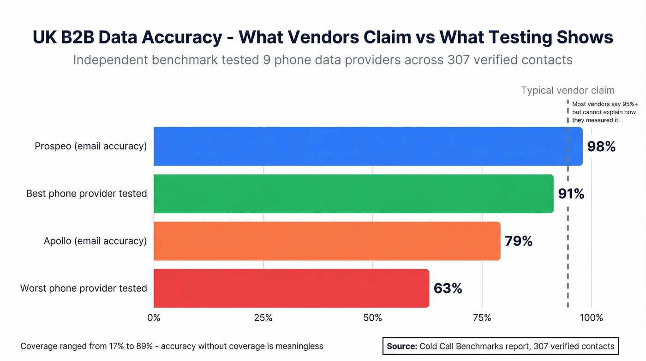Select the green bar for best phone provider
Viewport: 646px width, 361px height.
[353, 194]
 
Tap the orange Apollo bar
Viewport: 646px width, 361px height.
[327, 241]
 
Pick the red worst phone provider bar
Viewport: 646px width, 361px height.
[291, 288]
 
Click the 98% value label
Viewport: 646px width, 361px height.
[601, 147]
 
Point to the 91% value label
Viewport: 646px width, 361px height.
[571, 194]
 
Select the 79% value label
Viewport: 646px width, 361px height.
[519, 241]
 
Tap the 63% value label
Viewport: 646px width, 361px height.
[448, 288]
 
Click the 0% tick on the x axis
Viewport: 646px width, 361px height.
[154, 318]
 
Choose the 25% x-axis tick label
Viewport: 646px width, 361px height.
[263, 318]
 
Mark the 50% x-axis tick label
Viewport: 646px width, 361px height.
[372, 318]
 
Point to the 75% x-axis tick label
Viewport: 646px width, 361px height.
[482, 318]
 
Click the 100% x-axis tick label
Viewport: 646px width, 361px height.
[591, 318]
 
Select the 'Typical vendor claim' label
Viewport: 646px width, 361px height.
[568, 91]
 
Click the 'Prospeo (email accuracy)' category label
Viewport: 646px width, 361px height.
[91, 146]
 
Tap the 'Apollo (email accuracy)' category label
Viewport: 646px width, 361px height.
[95, 241]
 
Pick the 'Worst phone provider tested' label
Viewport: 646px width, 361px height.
[84, 288]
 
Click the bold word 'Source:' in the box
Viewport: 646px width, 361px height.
[402, 346]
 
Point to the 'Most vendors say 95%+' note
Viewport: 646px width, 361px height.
[604, 104]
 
